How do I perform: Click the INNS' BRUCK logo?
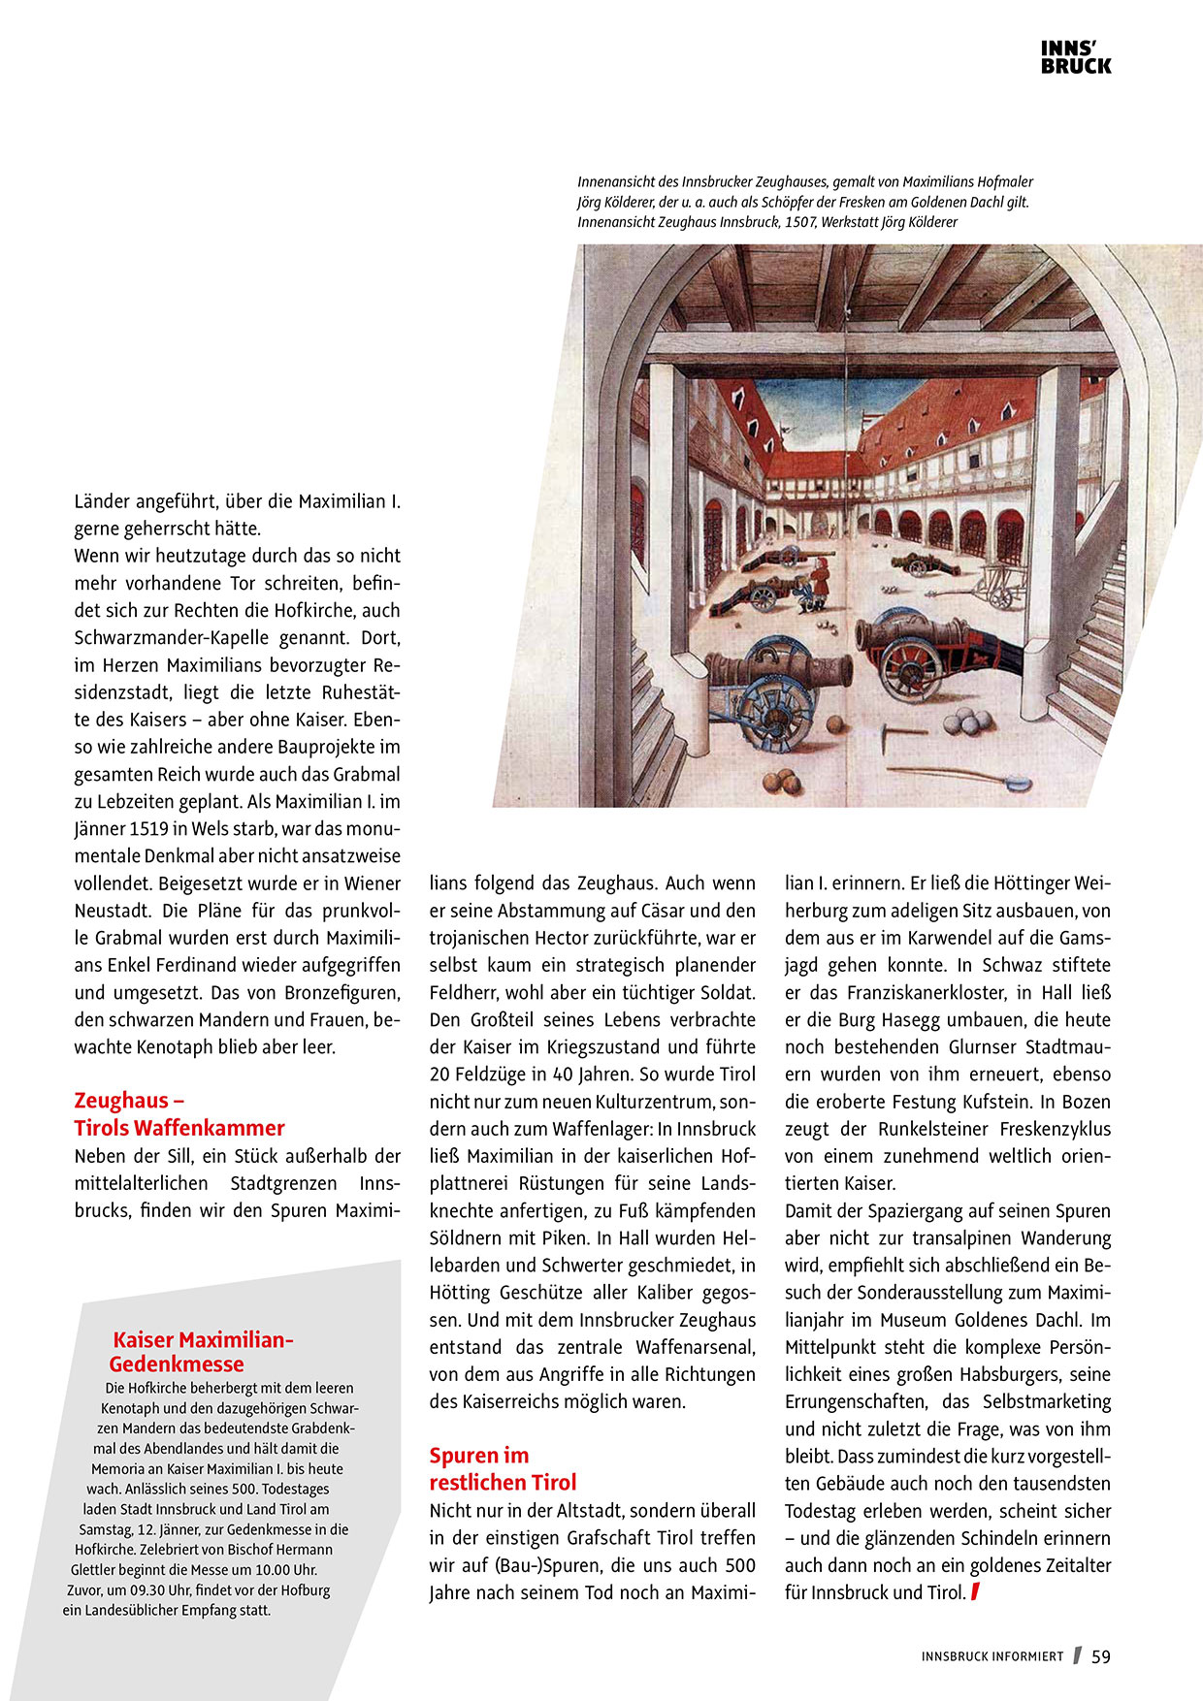click(x=1076, y=57)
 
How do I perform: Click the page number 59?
click(x=1101, y=1657)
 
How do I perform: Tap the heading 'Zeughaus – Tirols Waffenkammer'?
click(x=179, y=1114)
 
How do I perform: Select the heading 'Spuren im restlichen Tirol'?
click(x=503, y=1468)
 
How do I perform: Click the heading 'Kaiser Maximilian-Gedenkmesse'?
click(x=204, y=1351)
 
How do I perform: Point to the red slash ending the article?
click(x=975, y=1591)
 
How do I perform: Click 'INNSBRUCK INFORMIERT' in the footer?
click(x=992, y=1657)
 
